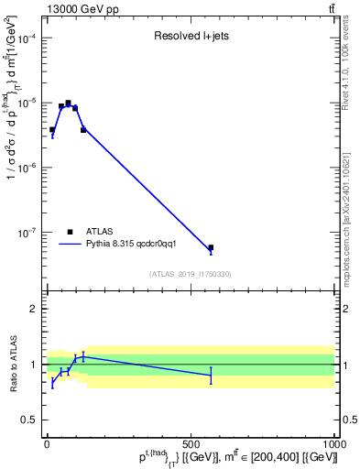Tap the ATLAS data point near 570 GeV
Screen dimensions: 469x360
(211, 247)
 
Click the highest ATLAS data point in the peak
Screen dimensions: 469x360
(68, 104)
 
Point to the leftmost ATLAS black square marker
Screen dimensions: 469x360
(52, 129)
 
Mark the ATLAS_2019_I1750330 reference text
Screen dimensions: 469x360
(191, 274)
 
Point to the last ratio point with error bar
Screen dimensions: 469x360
(211, 376)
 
